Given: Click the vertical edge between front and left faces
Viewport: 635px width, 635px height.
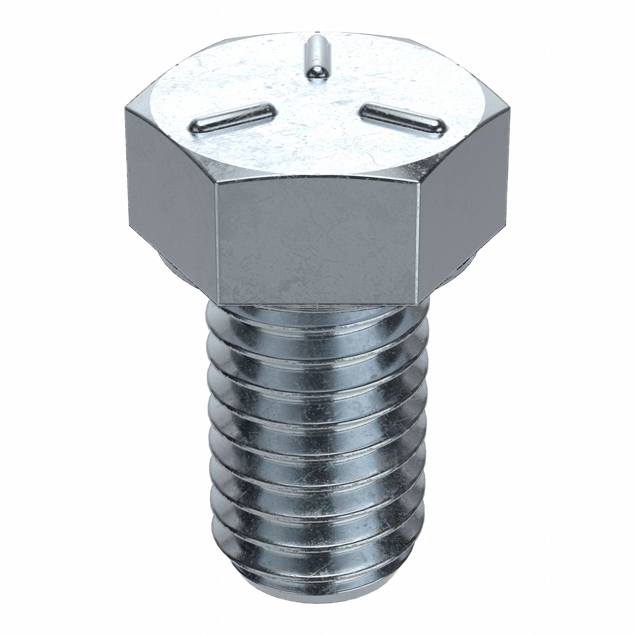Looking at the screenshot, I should (x=216, y=243).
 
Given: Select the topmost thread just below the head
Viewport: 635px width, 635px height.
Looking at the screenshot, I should (x=317, y=324).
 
